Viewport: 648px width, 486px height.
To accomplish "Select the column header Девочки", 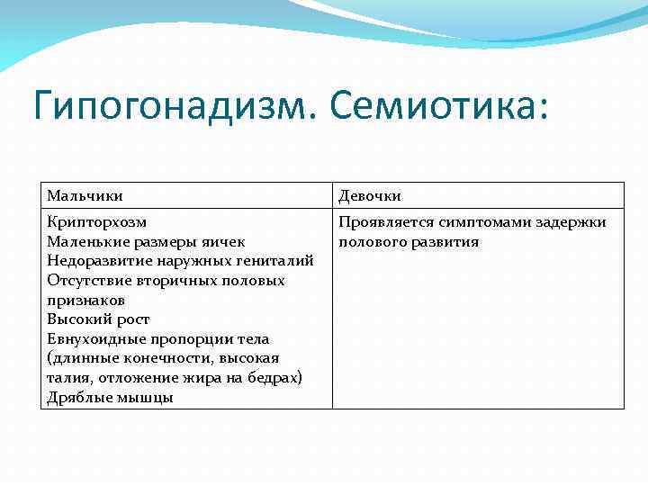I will coord(370,195).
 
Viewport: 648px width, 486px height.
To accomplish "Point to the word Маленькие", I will coord(88,241).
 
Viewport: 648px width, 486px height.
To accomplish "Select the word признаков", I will coord(85,300).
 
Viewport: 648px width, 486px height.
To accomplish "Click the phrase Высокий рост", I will coord(98,319).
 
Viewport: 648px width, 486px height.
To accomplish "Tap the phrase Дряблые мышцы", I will coord(110,398).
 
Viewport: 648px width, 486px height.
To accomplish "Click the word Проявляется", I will coord(386,221).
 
